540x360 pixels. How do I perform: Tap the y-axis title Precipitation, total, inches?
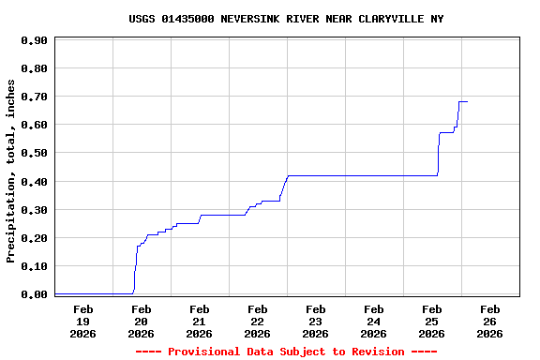[x=11, y=171]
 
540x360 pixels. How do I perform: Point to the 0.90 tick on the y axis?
[x=34, y=40]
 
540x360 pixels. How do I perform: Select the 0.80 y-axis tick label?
[x=34, y=68]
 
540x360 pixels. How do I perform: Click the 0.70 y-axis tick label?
[x=34, y=97]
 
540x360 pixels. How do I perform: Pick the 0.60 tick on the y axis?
[x=34, y=125]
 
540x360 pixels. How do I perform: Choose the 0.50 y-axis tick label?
[x=34, y=153]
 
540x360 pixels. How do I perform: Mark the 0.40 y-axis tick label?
[x=34, y=182]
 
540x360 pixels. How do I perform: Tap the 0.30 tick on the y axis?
[x=34, y=210]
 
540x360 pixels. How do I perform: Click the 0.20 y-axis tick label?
[x=34, y=238]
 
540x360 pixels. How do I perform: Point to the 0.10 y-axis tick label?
[x=34, y=266]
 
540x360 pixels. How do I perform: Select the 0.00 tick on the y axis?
[x=34, y=294]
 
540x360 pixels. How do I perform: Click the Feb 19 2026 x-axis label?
[x=82, y=321]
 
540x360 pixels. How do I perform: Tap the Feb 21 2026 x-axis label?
[x=199, y=321]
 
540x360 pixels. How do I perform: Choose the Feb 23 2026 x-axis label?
[x=315, y=321]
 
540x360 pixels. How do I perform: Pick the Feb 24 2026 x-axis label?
[x=373, y=321]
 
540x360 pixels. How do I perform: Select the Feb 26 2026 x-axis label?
[x=489, y=321]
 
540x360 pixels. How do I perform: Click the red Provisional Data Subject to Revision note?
[x=286, y=352]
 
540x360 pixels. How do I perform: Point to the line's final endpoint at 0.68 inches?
[x=467, y=101]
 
